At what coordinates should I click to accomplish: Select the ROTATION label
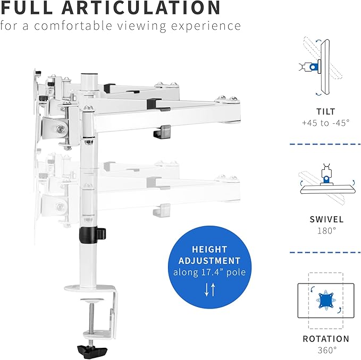326,339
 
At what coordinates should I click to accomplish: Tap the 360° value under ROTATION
326,350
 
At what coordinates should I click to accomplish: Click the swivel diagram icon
326,181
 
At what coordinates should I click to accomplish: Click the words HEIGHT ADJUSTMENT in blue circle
210,255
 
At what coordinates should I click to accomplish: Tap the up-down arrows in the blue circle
210,289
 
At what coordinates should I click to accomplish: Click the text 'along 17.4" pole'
210,272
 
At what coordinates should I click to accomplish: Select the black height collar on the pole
90,234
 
